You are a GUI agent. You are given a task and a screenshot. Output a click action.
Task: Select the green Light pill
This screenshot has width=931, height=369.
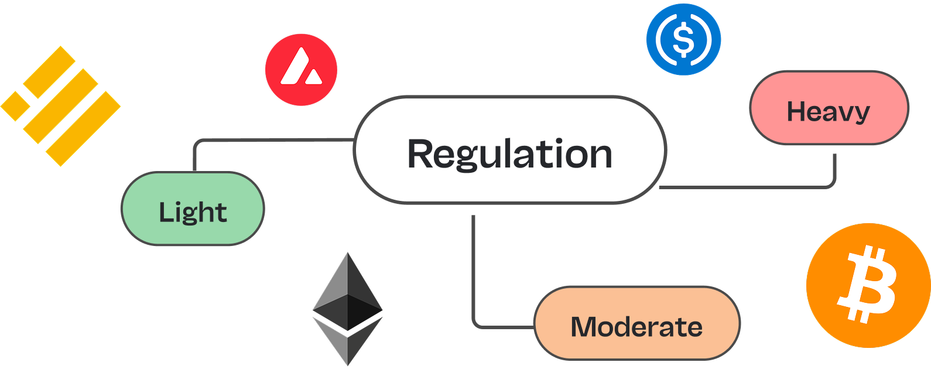click(193, 209)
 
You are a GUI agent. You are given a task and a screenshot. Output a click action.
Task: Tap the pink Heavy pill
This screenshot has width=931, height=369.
click(829, 108)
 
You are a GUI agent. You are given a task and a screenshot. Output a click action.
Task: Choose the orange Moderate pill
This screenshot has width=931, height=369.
click(636, 323)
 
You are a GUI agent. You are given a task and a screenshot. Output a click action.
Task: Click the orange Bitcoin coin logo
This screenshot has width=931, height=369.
click(868, 285)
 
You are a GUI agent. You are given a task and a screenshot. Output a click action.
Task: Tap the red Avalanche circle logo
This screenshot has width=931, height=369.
click(301, 70)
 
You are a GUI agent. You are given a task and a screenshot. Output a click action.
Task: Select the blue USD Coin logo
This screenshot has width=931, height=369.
click(683, 39)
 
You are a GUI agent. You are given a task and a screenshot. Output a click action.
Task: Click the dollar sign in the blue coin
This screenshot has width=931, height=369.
click(683, 39)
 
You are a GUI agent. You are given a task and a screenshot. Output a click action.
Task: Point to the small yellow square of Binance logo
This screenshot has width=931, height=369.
click(15, 105)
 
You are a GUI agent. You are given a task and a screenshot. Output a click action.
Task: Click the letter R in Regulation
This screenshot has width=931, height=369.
click(420, 154)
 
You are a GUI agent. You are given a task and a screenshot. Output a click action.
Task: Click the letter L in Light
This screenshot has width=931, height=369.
click(166, 211)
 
